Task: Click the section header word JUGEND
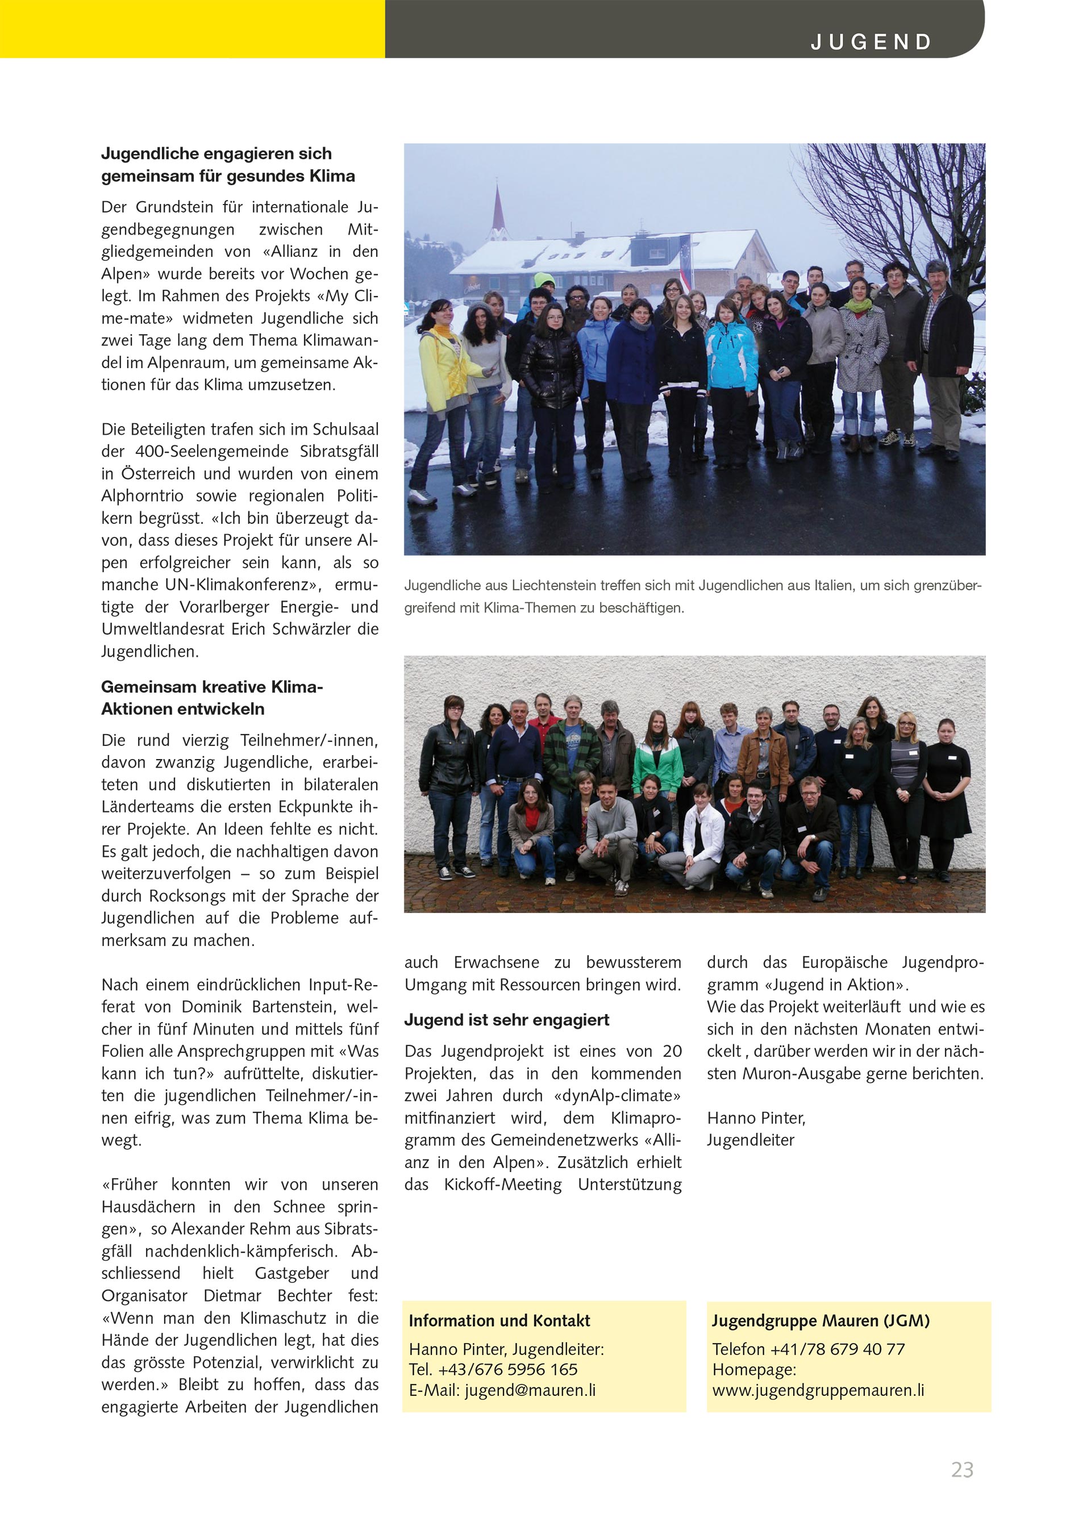tap(871, 42)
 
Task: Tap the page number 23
tap(962, 1470)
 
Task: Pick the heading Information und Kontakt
tap(499, 1320)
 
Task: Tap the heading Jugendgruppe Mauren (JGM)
tap(821, 1320)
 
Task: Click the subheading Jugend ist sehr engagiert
tap(506, 1020)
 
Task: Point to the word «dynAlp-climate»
tap(618, 1095)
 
